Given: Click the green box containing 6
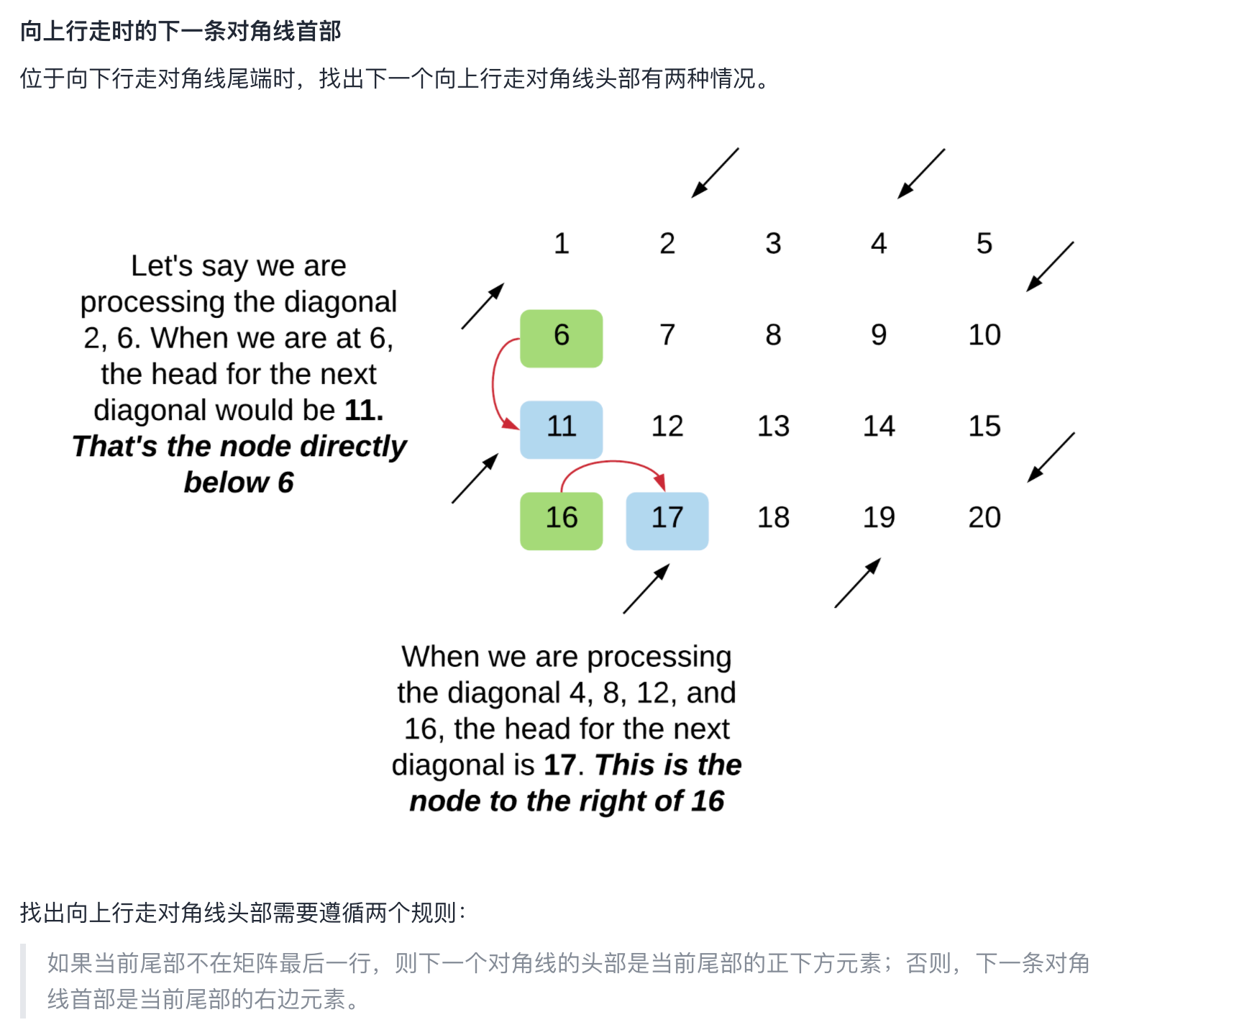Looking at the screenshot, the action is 561,338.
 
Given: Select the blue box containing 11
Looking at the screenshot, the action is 561,429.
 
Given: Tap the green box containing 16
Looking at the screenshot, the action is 561,521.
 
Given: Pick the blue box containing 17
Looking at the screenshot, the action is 667,521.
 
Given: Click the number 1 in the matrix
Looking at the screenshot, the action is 561,244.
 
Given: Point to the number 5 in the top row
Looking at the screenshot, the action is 984,244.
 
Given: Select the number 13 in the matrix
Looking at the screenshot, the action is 773,427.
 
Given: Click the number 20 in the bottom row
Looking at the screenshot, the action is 984,518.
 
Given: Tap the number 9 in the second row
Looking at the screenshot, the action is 878,335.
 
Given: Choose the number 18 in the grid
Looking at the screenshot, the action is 773,518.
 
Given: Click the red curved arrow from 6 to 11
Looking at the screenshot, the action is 495,381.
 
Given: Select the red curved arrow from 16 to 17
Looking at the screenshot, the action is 611,464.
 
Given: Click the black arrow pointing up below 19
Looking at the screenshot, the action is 857,583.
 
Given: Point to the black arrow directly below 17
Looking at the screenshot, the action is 646,589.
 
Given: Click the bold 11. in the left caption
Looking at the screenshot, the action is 364,411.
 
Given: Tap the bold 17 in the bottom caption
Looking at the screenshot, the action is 559,765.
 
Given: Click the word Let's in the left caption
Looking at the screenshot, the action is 162,266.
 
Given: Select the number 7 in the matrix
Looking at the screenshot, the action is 667,335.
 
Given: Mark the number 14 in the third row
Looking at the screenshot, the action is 878,427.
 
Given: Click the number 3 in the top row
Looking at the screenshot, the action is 773,244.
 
